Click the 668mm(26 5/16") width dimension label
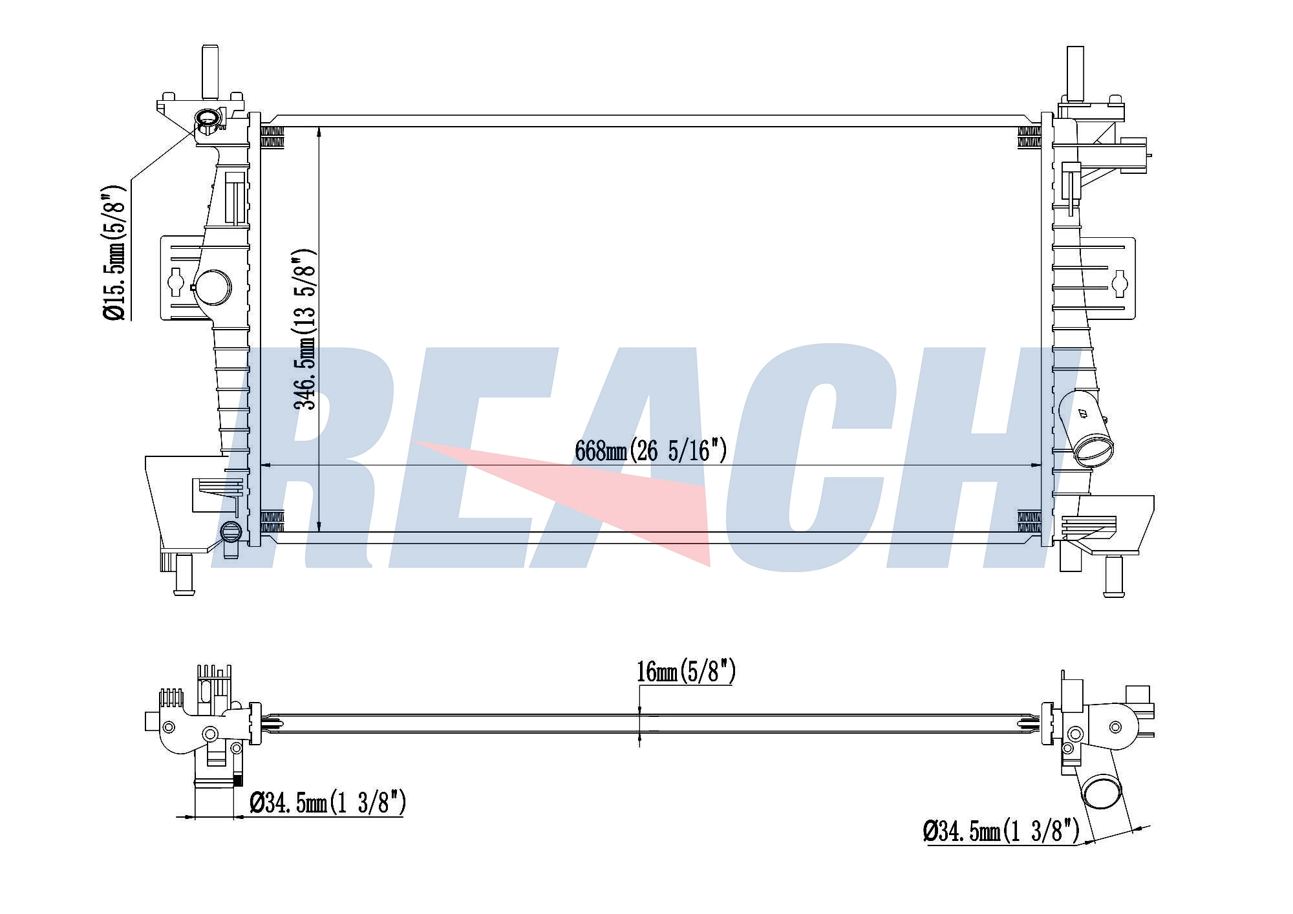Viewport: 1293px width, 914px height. point(650,451)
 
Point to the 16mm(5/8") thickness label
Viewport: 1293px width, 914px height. point(686,672)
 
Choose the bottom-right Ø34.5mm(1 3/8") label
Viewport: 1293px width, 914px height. point(1001,831)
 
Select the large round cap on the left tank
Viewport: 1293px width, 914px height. point(213,288)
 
